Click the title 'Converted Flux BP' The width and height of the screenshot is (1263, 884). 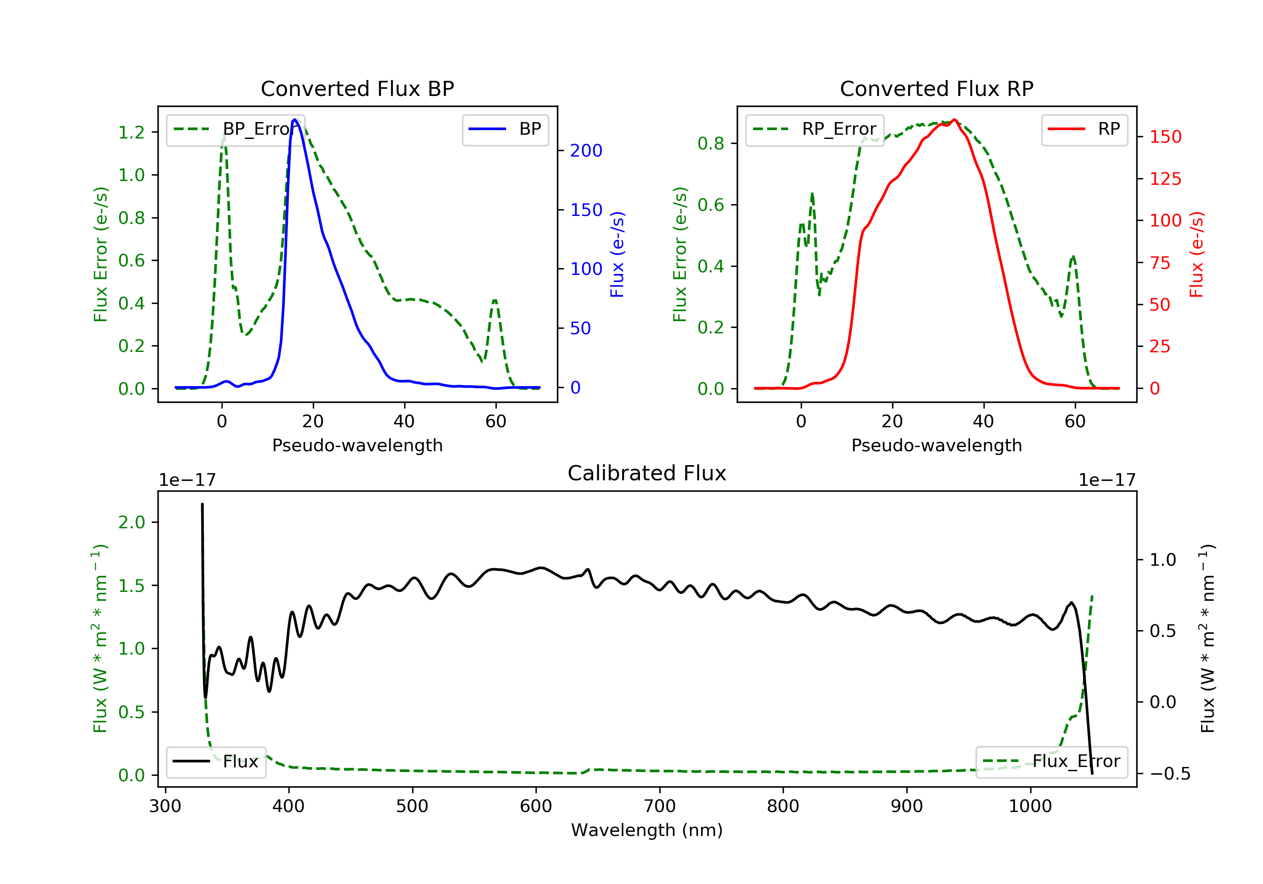tap(357, 88)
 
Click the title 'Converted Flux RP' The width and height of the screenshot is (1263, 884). tap(936, 88)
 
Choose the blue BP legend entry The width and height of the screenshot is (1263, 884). tap(505, 129)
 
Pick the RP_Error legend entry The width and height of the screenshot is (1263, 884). tap(815, 129)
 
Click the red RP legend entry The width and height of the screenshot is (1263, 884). tap(1084, 129)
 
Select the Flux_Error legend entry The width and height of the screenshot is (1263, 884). tap(1051, 762)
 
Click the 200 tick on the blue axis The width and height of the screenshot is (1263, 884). tap(586, 151)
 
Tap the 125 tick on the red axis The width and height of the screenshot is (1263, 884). tap(1165, 179)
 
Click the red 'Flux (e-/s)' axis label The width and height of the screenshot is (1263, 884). tap(1196, 255)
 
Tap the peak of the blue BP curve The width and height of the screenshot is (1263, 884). tap(295, 120)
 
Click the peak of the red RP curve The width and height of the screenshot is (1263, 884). tap(954, 120)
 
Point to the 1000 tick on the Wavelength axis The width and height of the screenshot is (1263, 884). tap(1030, 807)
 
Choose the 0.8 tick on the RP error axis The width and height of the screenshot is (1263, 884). tap(711, 144)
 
